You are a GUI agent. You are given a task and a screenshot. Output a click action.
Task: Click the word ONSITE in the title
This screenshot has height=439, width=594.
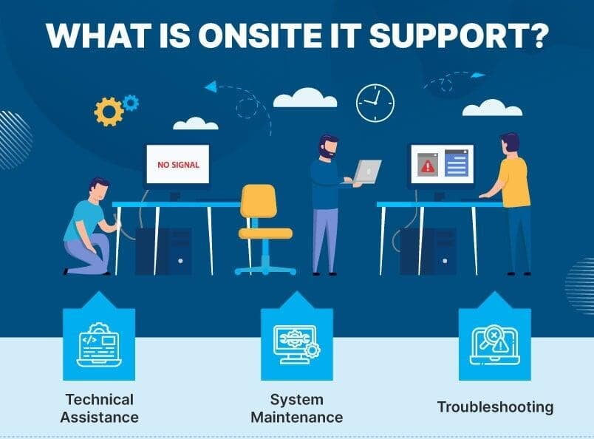click(x=257, y=35)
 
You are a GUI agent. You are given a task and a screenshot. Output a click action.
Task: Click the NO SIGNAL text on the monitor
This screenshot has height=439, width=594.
click(x=178, y=165)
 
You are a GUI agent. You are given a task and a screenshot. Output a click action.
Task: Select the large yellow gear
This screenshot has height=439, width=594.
click(x=109, y=112)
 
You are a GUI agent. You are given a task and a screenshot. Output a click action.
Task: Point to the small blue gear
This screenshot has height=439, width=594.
click(x=131, y=103)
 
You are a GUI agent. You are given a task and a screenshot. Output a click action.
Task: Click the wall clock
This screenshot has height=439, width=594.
click(x=375, y=103)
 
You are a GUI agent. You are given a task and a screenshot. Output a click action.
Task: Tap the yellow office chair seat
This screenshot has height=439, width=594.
click(x=265, y=233)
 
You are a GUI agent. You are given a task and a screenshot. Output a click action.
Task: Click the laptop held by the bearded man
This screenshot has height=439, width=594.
click(x=366, y=172)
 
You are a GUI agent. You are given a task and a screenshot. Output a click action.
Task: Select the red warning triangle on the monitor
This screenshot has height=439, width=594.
click(x=428, y=166)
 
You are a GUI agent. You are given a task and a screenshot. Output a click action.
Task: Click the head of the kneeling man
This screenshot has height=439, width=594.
click(x=99, y=188)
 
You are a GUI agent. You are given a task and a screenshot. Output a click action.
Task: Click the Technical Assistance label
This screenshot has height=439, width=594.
click(x=99, y=408)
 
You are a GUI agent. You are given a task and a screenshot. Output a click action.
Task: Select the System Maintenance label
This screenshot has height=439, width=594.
click(x=296, y=408)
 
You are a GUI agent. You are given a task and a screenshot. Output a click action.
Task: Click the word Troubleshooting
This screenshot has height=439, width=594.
click(x=495, y=407)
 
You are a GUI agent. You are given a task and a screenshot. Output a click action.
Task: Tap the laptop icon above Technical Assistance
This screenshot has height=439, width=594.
click(x=99, y=344)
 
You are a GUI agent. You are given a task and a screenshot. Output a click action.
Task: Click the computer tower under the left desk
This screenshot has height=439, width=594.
click(x=164, y=252)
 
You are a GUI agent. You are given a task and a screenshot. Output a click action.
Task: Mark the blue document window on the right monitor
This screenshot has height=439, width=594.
click(x=457, y=163)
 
